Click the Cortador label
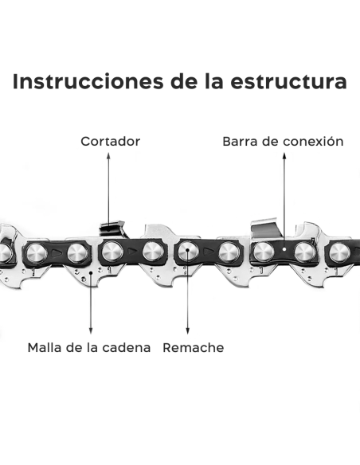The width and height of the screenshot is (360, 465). (x=110, y=142)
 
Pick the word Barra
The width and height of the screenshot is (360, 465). (x=241, y=142)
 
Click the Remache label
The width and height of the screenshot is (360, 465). (x=193, y=348)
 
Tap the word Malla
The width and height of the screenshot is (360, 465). (x=45, y=348)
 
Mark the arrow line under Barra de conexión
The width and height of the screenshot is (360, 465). (x=282, y=199)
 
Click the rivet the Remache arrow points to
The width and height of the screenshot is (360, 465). (x=187, y=252)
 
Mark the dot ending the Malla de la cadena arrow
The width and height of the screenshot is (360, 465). (x=91, y=271)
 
